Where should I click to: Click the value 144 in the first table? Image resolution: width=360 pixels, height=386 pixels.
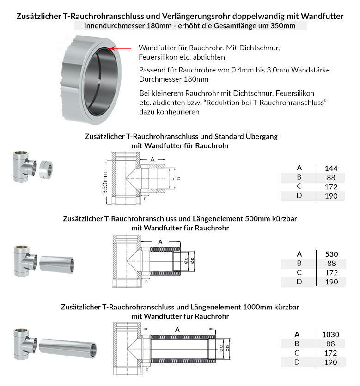pos(331,168)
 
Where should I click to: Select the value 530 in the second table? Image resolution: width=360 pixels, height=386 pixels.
pos(331,254)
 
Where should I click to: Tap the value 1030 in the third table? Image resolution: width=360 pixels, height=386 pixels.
pos(330,334)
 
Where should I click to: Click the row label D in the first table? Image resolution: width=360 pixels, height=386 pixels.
pos(299,196)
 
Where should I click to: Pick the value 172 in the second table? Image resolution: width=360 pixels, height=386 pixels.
pos(331,272)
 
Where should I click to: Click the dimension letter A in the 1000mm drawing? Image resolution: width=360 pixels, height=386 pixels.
pos(177,329)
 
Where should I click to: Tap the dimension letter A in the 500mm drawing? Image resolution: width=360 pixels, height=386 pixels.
pos(160,241)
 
